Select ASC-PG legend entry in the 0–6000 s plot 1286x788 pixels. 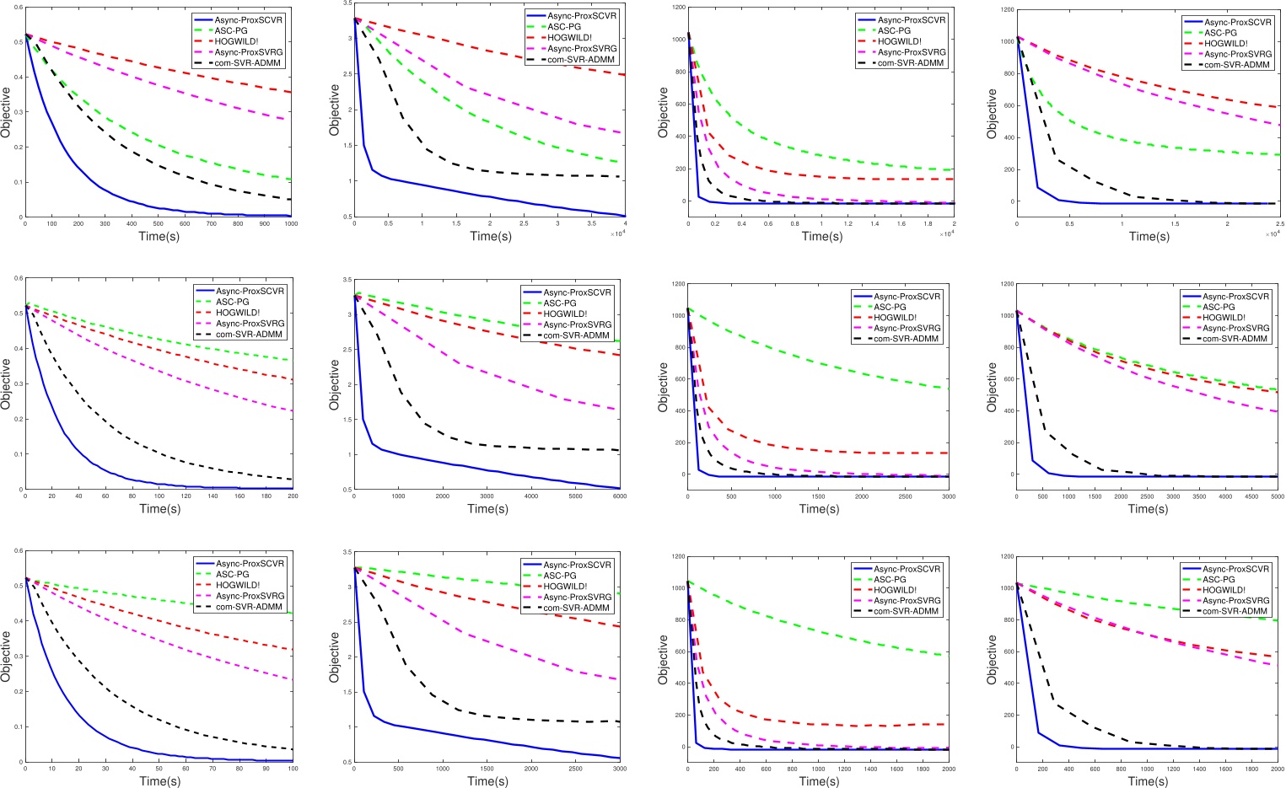(561, 303)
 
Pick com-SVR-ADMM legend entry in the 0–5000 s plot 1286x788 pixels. (1235, 339)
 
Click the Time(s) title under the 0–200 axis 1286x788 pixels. (159, 509)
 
